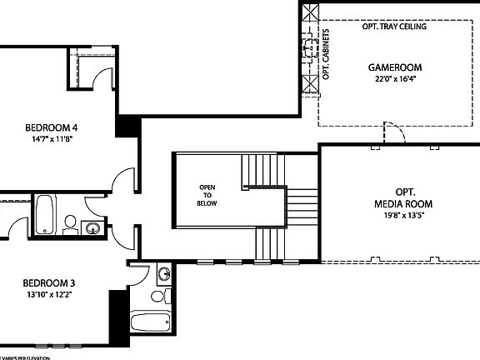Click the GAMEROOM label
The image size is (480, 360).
click(x=395, y=67)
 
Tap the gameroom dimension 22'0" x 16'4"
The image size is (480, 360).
click(x=395, y=80)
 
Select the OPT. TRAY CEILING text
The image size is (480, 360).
click(x=394, y=27)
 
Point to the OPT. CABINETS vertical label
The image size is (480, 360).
click(x=327, y=55)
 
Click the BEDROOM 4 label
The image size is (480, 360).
click(x=52, y=127)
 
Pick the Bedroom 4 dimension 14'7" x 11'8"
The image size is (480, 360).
click(x=52, y=140)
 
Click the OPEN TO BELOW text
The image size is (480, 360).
click(x=207, y=194)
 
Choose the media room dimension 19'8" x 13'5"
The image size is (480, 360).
click(x=403, y=215)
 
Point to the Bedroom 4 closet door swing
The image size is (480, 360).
click(x=102, y=77)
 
